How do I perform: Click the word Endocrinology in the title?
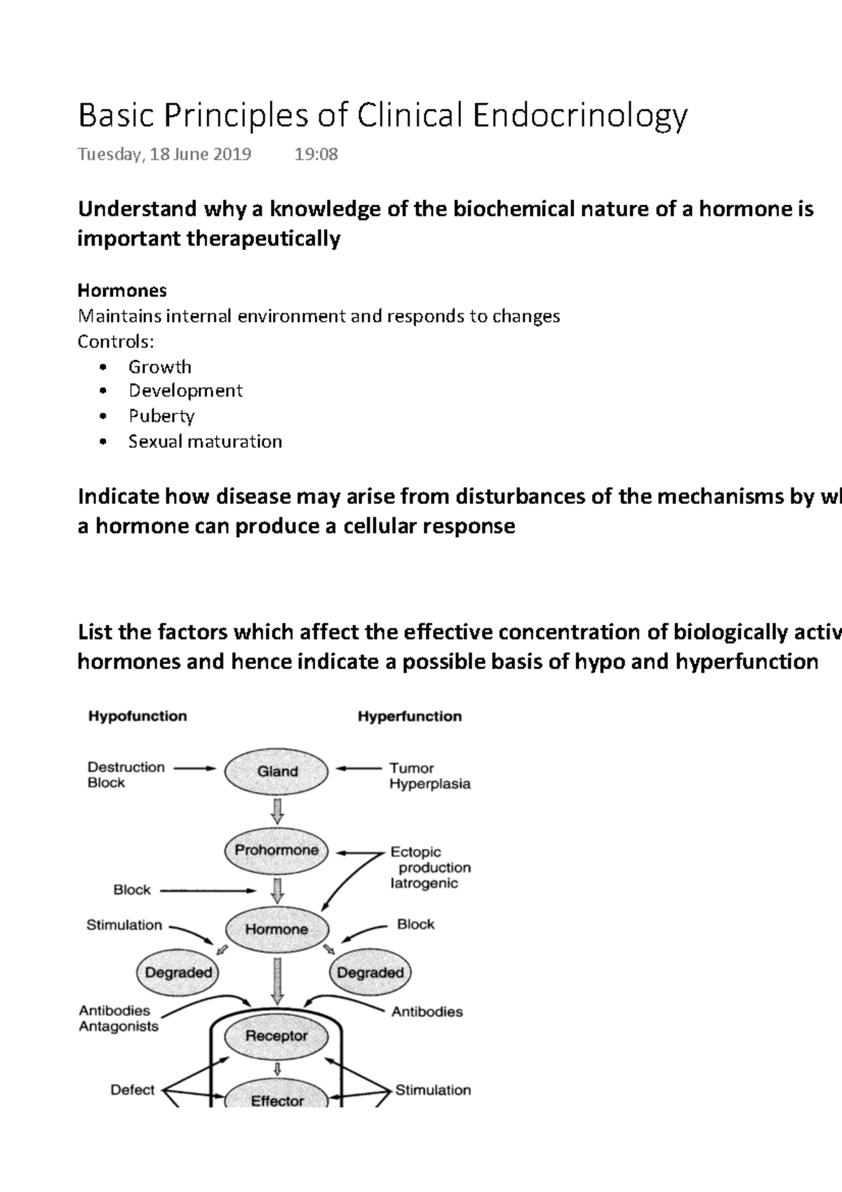coord(580,116)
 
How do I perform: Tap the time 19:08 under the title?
coord(316,154)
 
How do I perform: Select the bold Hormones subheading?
coord(122,290)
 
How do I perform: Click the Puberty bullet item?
coord(161,416)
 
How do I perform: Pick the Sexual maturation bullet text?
coord(205,442)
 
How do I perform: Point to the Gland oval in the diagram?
coord(277,772)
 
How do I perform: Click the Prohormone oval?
coord(276,850)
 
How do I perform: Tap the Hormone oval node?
coord(276,929)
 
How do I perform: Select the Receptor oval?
coord(276,1035)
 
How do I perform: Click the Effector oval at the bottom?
coord(277,1099)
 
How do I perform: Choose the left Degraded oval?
coord(178,972)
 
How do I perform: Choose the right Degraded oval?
coord(370,972)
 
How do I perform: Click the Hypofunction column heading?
coord(138,716)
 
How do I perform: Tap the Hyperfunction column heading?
coord(410,716)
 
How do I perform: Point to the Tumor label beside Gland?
coord(412,768)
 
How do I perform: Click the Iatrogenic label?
coord(424,883)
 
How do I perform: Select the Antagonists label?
coord(119,1026)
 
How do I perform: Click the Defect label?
coord(132,1090)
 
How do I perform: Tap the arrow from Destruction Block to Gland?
coord(194,768)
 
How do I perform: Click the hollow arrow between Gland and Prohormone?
coord(277,811)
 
